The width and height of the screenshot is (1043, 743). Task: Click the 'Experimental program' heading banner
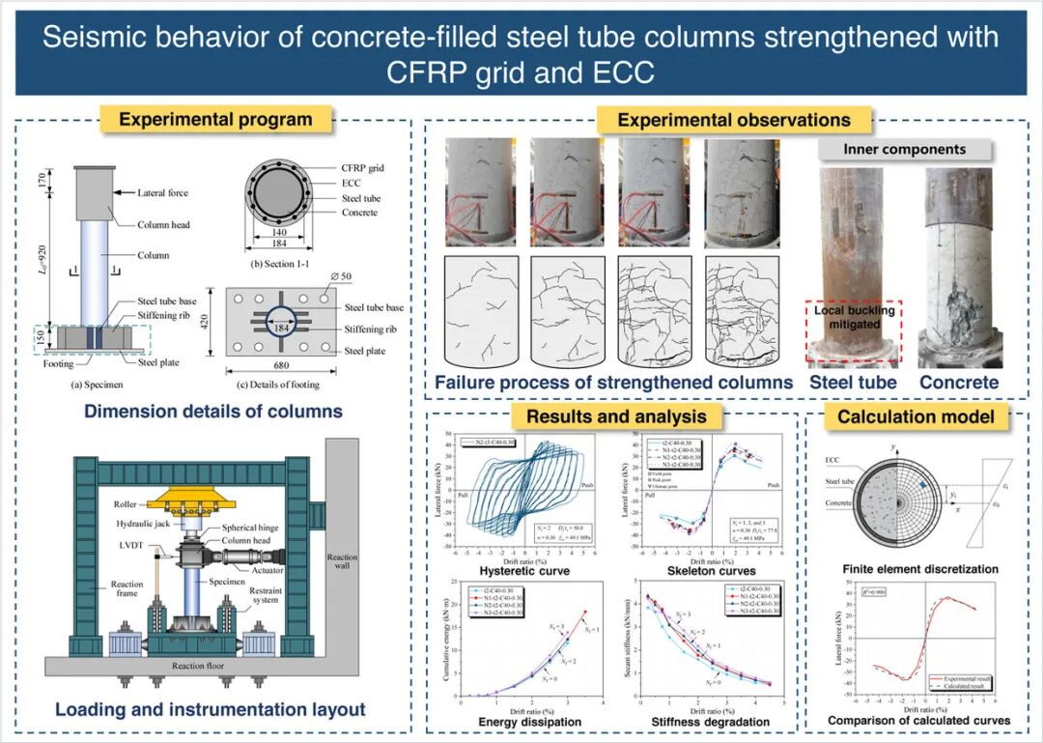point(215,120)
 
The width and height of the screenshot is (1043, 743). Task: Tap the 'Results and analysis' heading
point(615,416)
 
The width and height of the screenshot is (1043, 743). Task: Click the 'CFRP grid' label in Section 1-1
point(362,168)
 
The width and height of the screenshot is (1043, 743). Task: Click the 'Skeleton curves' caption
point(712,571)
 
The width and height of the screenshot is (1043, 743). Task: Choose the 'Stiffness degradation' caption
point(712,721)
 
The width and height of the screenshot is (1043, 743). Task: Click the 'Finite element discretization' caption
point(907,569)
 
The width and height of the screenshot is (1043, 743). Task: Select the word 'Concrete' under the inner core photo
point(958,383)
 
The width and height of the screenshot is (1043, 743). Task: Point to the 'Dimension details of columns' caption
point(213,411)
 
